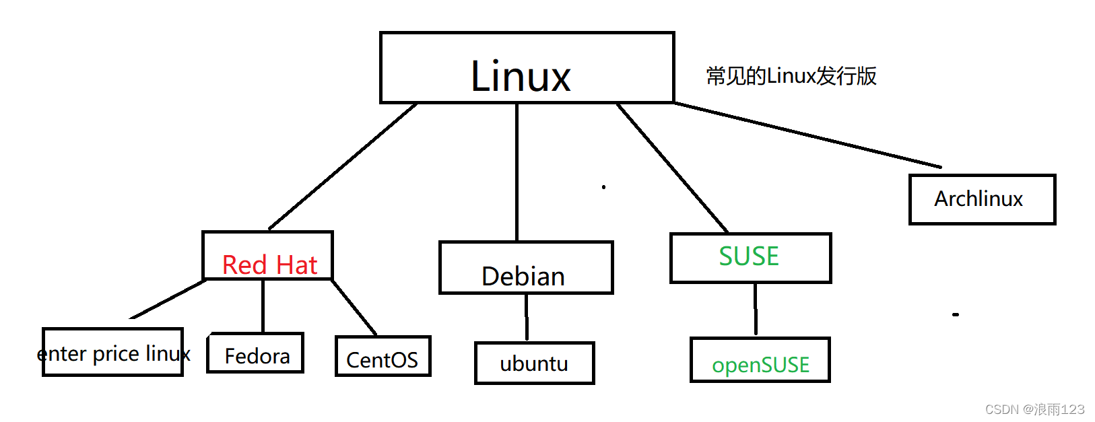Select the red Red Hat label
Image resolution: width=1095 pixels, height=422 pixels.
[x=270, y=265]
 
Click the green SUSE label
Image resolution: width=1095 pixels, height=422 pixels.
[x=748, y=256]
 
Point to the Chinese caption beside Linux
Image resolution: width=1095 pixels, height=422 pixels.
[x=791, y=76]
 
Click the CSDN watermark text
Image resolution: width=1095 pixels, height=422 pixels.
[x=1034, y=409]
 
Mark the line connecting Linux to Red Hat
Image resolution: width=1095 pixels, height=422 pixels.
[x=343, y=166]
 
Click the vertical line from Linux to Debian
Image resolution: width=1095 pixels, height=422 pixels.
[x=517, y=172]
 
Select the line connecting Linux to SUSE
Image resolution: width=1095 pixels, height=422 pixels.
[x=672, y=168]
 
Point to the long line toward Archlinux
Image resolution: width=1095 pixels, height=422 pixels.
[x=808, y=135]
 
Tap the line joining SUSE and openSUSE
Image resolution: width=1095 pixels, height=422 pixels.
[x=756, y=309]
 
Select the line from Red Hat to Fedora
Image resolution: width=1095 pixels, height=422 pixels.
[x=263, y=306]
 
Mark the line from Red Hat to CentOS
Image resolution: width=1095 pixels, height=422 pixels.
[x=354, y=307]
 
